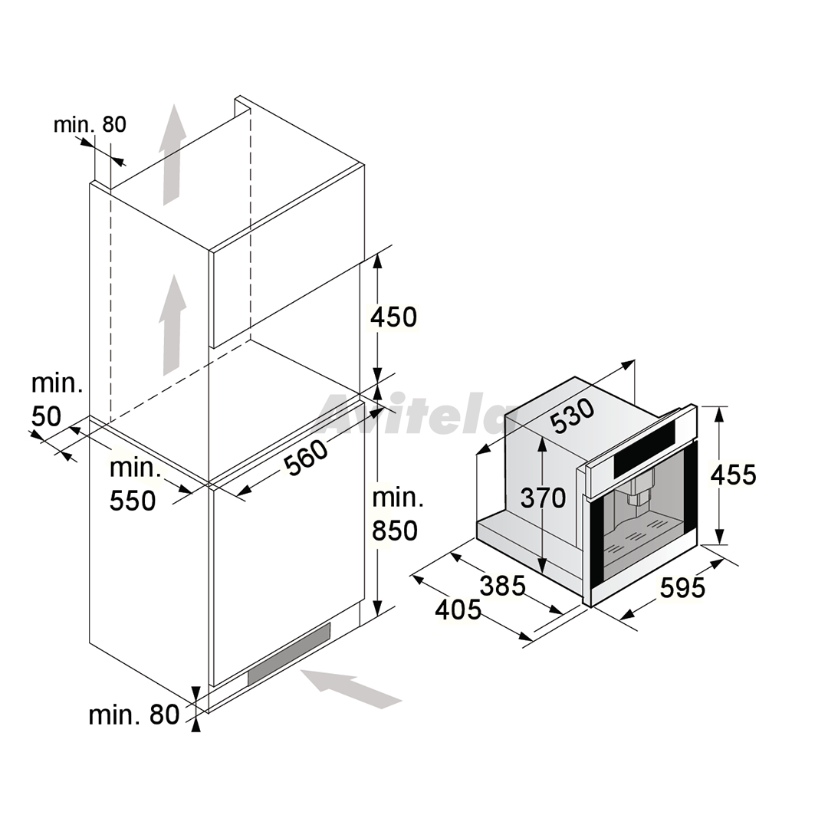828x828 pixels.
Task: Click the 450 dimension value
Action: (394, 317)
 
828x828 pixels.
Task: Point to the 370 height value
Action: (543, 498)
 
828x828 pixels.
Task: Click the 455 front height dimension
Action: (733, 475)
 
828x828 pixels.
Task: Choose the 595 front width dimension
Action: (682, 588)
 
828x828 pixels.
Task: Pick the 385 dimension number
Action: (503, 586)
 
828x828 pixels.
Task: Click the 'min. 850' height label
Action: (397, 514)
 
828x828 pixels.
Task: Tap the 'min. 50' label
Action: (57, 400)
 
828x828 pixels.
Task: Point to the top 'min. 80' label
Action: (90, 125)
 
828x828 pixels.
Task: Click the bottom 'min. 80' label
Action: (134, 715)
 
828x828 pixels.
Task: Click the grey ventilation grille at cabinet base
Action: (289, 654)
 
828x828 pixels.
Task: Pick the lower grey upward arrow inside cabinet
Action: (173, 325)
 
